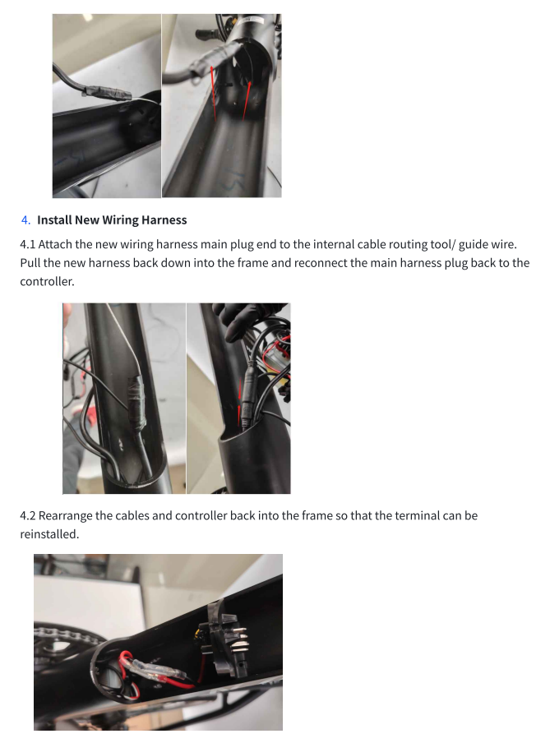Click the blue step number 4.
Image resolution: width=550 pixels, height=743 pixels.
click(x=25, y=220)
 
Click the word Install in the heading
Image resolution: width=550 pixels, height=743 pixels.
click(x=54, y=220)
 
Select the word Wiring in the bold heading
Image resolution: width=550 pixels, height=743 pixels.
click(x=120, y=220)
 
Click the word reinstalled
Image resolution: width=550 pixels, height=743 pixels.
click(x=49, y=534)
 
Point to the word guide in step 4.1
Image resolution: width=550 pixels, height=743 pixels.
click(x=470, y=245)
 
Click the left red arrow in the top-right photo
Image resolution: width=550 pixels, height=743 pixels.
click(x=213, y=91)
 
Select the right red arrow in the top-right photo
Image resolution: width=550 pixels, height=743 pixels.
click(x=247, y=100)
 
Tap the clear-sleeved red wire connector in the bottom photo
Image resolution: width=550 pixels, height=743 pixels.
click(x=155, y=670)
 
